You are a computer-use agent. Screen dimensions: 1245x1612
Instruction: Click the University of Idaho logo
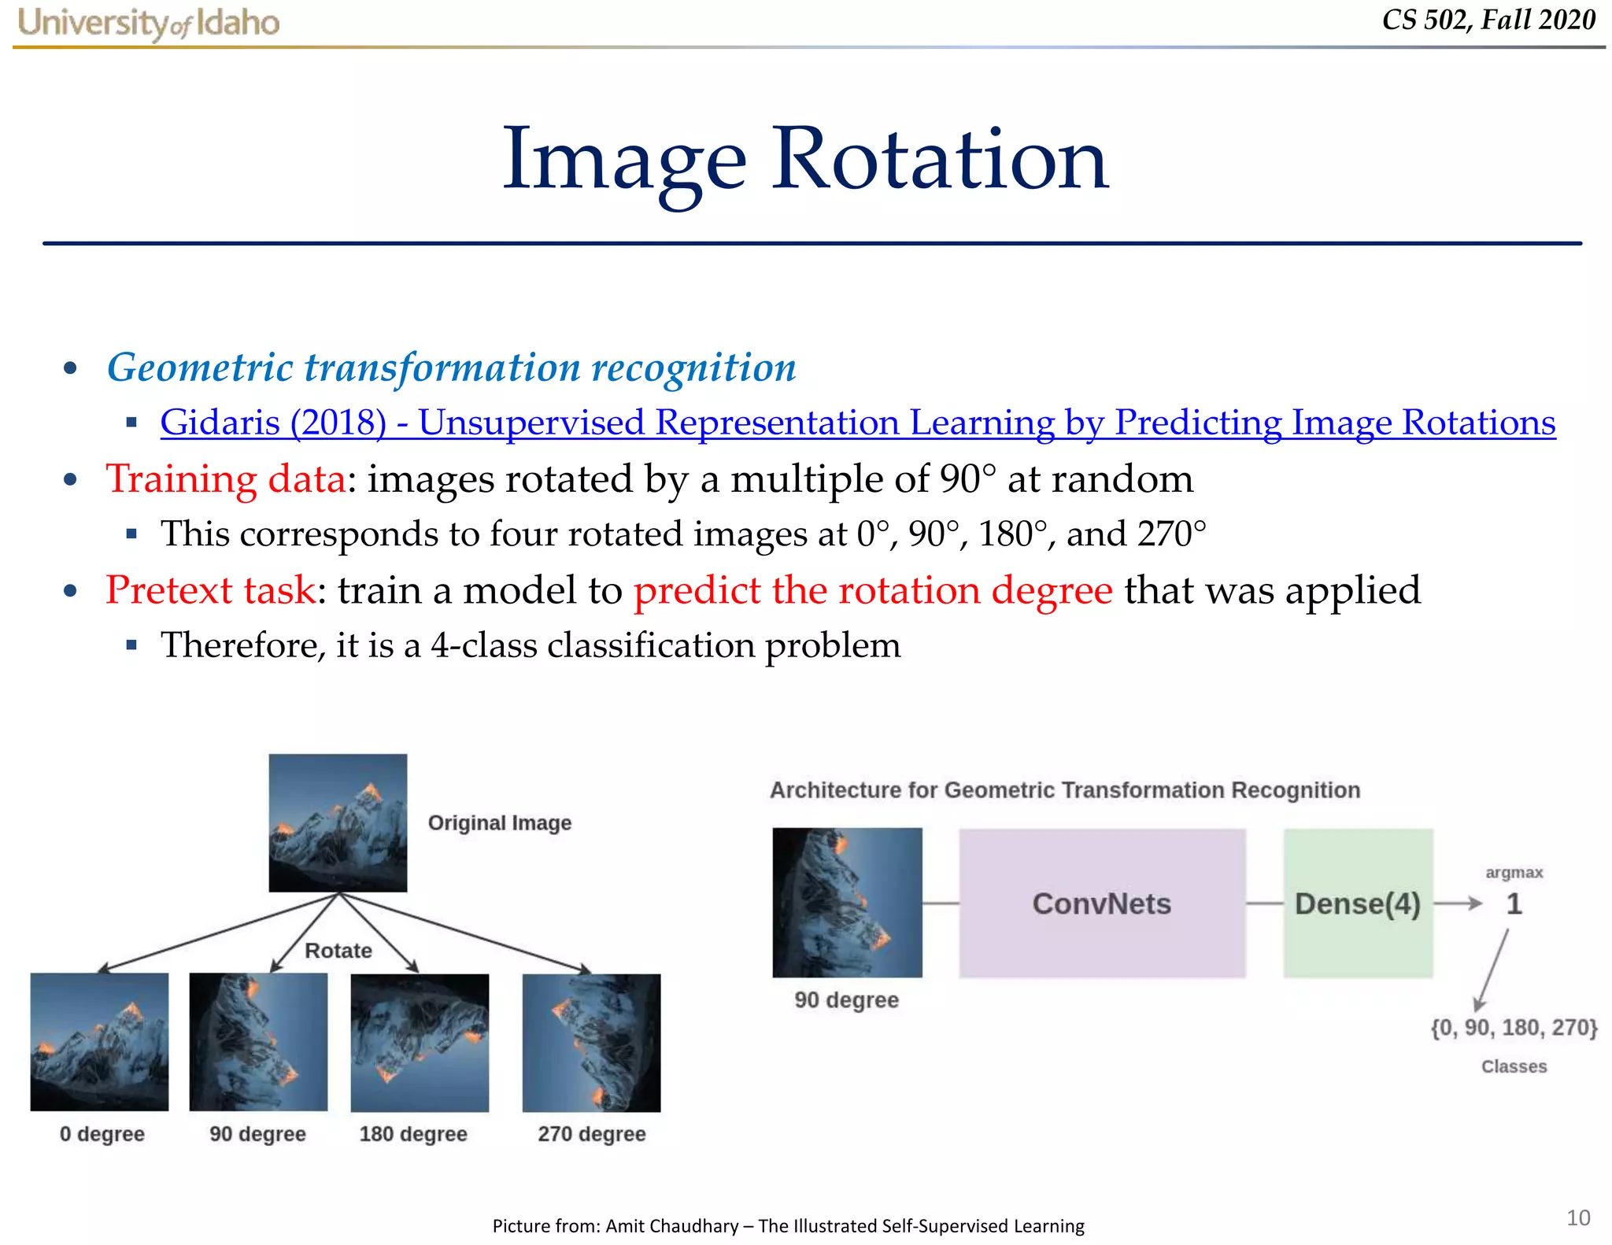148,23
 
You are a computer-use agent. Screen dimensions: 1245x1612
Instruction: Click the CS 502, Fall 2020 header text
1488,20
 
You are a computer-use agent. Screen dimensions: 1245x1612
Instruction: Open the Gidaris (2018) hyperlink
857,423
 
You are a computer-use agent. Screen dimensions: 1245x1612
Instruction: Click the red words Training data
225,478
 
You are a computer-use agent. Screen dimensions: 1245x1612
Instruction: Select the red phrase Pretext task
210,590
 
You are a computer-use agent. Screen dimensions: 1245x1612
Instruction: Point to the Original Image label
499,823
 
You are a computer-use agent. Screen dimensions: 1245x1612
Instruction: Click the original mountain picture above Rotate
338,822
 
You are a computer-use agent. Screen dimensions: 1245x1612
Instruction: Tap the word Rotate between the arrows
338,951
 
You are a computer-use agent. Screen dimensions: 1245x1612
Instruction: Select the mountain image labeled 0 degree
99,1041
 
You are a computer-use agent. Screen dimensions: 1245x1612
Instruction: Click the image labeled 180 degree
420,1042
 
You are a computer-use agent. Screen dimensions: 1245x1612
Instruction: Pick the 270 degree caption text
591,1134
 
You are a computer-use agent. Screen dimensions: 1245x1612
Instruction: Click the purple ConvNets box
1101,903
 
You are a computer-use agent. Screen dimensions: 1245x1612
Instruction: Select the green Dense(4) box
1357,903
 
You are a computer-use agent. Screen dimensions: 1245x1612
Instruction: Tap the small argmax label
1514,873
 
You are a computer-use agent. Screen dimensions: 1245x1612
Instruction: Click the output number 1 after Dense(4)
1514,904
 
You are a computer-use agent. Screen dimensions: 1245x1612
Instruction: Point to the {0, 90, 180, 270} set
1513,1028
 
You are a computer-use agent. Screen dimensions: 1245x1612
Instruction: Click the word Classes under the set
1514,1066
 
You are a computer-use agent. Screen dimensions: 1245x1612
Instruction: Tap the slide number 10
1577,1217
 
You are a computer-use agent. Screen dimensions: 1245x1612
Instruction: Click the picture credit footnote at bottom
788,1225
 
